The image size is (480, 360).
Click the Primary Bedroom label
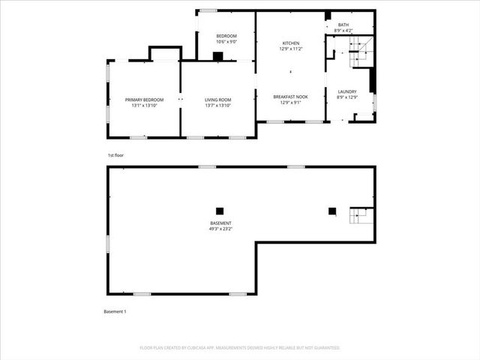point(144,100)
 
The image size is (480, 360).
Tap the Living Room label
point(218,100)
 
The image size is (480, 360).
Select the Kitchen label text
point(291,43)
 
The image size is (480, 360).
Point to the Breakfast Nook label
point(291,97)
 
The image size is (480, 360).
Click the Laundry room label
point(346,91)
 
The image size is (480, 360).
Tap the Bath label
point(343,25)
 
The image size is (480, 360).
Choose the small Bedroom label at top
point(226,36)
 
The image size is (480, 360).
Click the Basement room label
point(220,223)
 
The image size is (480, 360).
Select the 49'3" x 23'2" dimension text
point(220,229)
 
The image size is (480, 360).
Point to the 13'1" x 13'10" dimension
point(144,106)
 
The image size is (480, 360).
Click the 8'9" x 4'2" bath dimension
point(343,31)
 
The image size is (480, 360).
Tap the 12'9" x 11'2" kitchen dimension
point(291,49)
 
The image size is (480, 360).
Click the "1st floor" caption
point(115,155)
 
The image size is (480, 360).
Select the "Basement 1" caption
point(115,311)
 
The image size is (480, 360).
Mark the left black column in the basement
point(220,211)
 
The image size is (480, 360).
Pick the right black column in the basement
point(332,211)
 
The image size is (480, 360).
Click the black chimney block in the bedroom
point(218,55)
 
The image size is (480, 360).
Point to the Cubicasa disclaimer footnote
point(240,348)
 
